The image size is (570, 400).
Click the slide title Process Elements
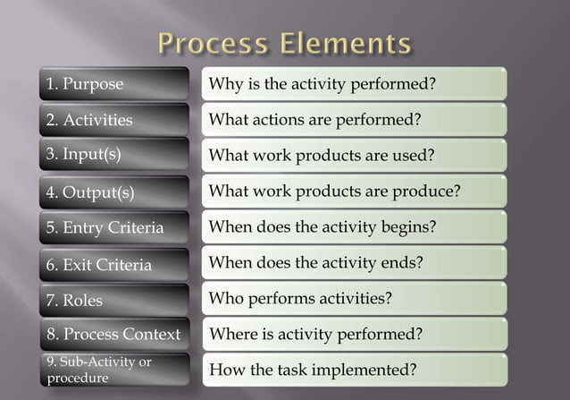285,43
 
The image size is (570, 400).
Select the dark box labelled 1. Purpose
113,84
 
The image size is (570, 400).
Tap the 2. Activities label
113,120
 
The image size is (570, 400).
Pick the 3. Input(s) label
113,154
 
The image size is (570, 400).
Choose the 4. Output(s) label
113,191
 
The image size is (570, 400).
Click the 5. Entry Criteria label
113,227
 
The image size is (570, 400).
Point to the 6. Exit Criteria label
113,264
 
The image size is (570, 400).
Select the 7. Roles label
113,300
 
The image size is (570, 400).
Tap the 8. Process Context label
113,335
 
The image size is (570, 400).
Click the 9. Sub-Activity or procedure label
113,370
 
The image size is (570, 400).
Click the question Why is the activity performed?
322,84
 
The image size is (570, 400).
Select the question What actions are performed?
314,119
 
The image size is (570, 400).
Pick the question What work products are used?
322,155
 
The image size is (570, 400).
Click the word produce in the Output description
425,191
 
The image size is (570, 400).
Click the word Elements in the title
347,43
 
